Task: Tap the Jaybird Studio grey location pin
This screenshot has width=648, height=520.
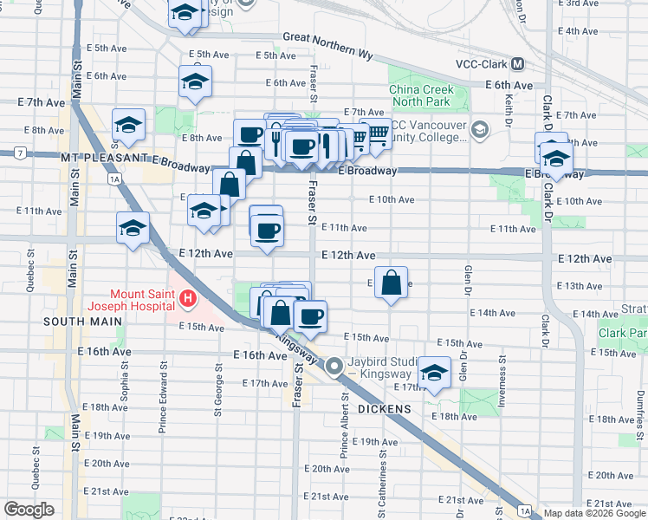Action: pyautogui.click(x=334, y=368)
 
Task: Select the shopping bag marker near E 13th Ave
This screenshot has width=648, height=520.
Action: pyautogui.click(x=391, y=282)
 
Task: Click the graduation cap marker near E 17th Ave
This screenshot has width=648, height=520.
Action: pyautogui.click(x=434, y=373)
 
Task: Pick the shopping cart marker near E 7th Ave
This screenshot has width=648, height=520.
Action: pyautogui.click(x=377, y=135)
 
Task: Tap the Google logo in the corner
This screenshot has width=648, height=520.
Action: pyautogui.click(x=29, y=510)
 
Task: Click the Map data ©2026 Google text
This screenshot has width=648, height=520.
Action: pyautogui.click(x=593, y=513)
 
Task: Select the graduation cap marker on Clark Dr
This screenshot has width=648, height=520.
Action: pyautogui.click(x=554, y=159)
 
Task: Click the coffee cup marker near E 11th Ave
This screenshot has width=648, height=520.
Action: pyautogui.click(x=267, y=230)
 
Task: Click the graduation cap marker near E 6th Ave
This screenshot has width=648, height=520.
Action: pyautogui.click(x=196, y=82)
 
